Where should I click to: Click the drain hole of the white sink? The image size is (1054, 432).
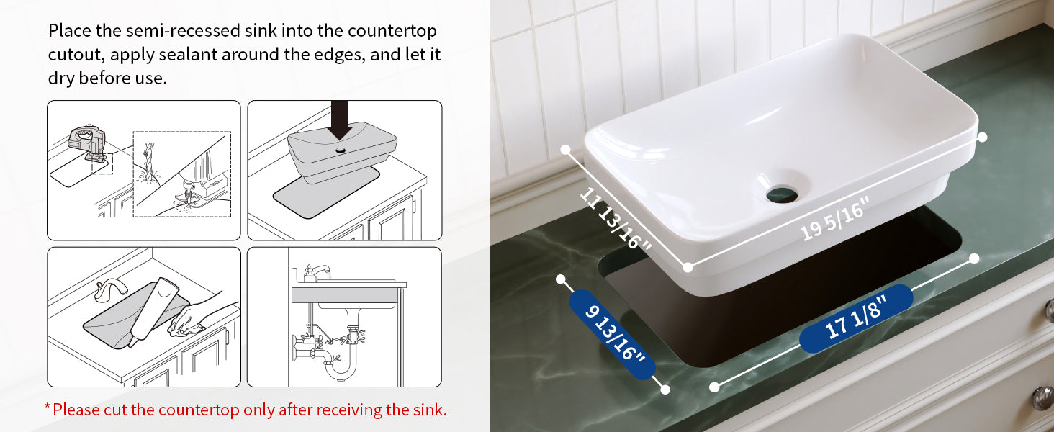coord(782,194)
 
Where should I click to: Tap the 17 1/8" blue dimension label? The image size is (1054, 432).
coord(857,318)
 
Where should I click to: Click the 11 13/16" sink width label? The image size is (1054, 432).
coord(615,218)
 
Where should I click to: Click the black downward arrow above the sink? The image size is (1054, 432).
coord(339,120)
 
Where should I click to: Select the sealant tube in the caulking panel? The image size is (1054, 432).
coord(151,311)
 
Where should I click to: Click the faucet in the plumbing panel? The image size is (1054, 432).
coord(316,272)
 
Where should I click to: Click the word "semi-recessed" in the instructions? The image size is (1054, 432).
coord(183,30)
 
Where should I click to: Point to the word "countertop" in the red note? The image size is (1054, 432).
coord(199,410)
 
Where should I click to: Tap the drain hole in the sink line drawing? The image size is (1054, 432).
coord(341,150)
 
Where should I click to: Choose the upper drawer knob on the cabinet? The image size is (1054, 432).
coord(1050,310)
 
